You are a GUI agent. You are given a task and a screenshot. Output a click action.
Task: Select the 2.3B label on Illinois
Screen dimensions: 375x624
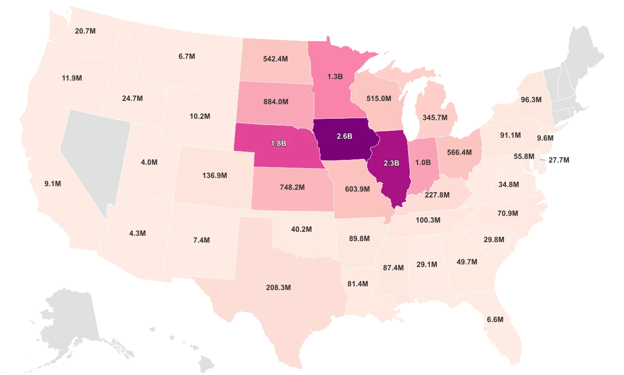(x=391, y=163)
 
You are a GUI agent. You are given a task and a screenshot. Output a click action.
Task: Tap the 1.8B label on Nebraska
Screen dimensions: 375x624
(x=278, y=143)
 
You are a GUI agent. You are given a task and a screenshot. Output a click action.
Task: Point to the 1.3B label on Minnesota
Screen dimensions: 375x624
(x=335, y=77)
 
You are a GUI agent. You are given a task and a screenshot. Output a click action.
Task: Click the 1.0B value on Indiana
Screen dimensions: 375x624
(x=423, y=162)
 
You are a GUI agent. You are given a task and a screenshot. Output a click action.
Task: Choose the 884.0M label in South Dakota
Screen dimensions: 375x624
(x=276, y=102)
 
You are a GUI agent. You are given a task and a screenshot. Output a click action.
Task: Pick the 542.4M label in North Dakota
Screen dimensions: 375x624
(x=276, y=59)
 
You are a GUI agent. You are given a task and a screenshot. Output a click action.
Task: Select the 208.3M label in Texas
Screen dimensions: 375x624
(x=278, y=287)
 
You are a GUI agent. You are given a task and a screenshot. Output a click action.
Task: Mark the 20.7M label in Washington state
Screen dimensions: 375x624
(x=85, y=31)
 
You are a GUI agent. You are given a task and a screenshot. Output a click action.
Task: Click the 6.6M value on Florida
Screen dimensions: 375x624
(x=495, y=319)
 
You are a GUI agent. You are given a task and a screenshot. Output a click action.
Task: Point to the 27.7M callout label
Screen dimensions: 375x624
(x=559, y=160)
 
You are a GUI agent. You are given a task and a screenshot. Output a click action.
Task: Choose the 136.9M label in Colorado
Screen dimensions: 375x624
(x=215, y=176)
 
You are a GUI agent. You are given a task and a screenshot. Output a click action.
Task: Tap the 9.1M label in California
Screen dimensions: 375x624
(x=53, y=183)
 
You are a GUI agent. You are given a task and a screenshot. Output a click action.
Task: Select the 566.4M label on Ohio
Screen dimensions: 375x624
(x=459, y=153)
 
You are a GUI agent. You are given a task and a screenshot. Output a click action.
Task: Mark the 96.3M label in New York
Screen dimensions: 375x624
(x=531, y=99)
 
